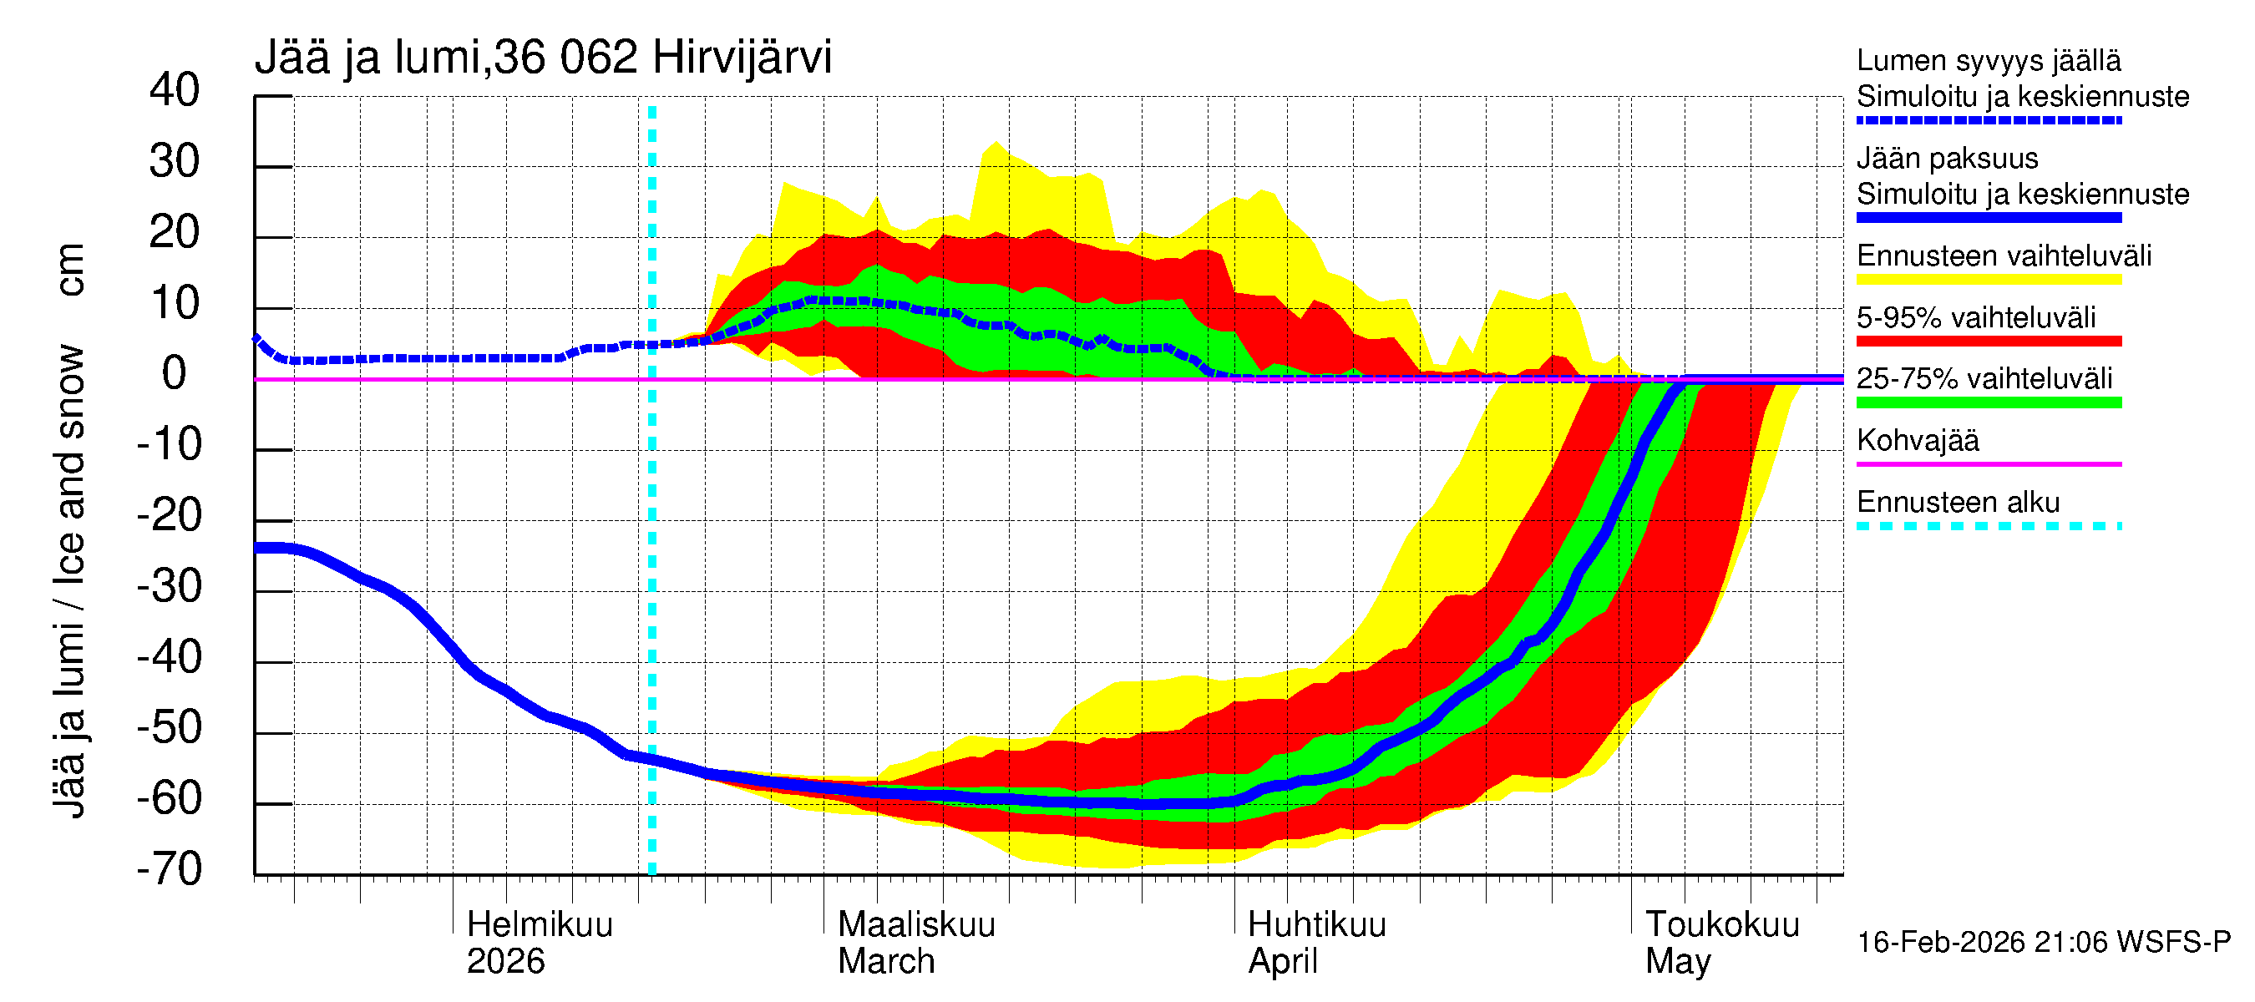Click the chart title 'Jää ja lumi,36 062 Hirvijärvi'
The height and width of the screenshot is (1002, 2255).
click(543, 58)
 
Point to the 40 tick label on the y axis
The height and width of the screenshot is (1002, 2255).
click(175, 90)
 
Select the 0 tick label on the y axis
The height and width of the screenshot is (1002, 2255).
click(175, 374)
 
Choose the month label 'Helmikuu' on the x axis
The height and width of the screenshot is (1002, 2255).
click(540, 924)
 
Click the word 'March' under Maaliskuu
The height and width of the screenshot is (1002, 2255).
click(886, 961)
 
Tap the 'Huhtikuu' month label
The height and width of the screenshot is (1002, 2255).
click(1316, 924)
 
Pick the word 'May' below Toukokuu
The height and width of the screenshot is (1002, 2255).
click(1677, 961)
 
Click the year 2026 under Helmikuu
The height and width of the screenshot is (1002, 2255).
click(505, 961)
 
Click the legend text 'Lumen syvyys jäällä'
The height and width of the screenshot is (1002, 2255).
click(1989, 60)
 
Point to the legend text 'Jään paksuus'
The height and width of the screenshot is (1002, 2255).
click(1948, 159)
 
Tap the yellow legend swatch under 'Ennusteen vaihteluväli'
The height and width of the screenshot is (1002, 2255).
click(1989, 279)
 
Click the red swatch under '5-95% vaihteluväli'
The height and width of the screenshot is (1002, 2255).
click(1989, 342)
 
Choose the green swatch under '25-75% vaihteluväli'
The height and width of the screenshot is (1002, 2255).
click(1989, 402)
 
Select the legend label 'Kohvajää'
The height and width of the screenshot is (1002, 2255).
click(1918, 440)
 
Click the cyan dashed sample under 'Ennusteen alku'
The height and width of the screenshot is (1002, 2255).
click(1989, 526)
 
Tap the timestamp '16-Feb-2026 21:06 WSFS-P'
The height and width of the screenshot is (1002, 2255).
click(2044, 942)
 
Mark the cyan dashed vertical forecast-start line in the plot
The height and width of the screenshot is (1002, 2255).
click(652, 525)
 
